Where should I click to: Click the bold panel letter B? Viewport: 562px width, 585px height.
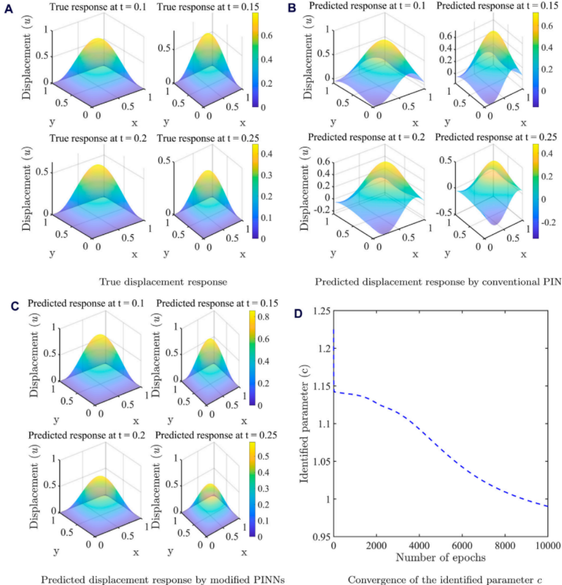point(292,9)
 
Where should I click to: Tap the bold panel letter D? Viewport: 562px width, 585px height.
point(298,313)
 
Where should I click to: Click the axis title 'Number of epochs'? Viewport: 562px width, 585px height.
point(440,558)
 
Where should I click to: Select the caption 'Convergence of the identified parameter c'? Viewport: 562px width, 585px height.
point(446,579)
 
